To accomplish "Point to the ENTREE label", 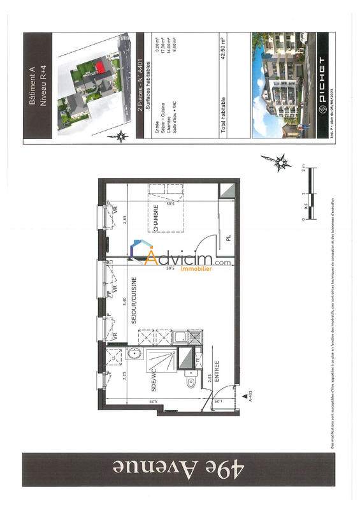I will coord(217,372).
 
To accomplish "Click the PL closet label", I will coord(227,240).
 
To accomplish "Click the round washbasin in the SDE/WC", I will coord(134,354).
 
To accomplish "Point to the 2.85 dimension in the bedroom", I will coord(125,220).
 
